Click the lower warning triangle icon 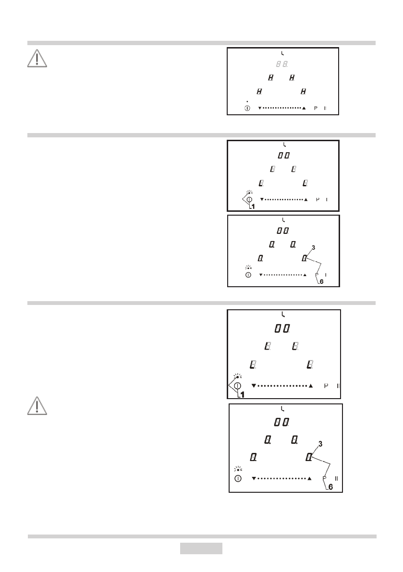click(37, 406)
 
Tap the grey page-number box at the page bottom click(201, 548)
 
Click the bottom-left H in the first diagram click(259, 91)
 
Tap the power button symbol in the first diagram click(247, 108)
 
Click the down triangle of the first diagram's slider click(259, 108)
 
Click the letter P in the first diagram click(316, 108)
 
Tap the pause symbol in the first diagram click(325, 108)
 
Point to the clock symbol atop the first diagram click(282, 52)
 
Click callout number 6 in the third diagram click(321, 282)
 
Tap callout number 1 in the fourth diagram click(243, 394)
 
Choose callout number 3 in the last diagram click(320, 444)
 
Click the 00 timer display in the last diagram click(282, 422)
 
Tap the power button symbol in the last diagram click(238, 479)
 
